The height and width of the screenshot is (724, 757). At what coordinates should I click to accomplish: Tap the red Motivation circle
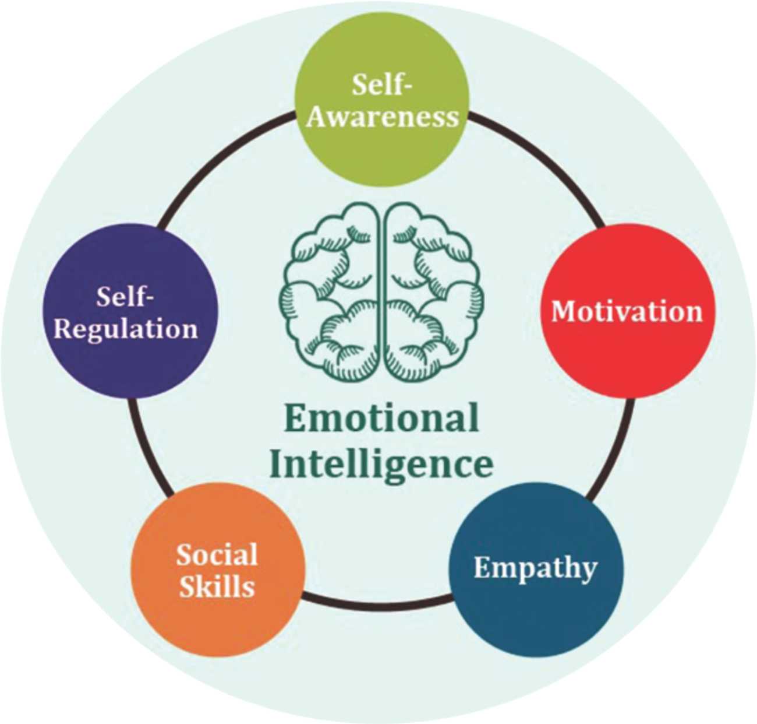coord(628,311)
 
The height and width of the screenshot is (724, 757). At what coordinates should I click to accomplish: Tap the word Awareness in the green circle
coord(382,116)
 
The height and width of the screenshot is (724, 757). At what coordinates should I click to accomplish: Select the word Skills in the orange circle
coord(217,586)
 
